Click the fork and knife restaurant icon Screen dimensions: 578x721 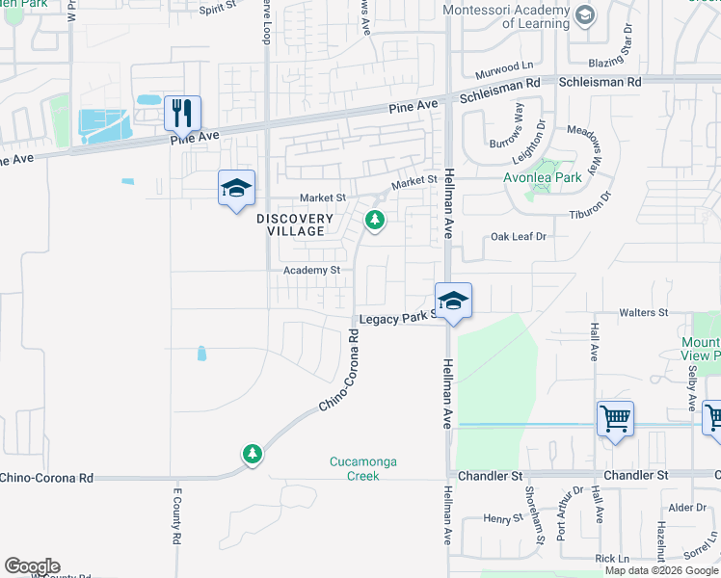pos(181,113)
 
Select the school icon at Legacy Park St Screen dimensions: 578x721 pos(452,302)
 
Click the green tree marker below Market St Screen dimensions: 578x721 pos(375,222)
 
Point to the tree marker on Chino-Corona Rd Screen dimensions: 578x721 pos(252,453)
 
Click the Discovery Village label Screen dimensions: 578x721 pos(295,224)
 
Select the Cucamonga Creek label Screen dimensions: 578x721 pos(362,469)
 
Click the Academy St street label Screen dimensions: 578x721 pos(311,271)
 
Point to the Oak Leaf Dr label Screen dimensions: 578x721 pos(519,236)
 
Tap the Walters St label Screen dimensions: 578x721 pos(643,313)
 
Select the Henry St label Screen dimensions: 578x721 pos(502,518)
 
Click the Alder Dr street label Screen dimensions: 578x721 pos(687,507)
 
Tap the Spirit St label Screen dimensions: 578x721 pos(217,8)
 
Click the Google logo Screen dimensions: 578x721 pos(32,566)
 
